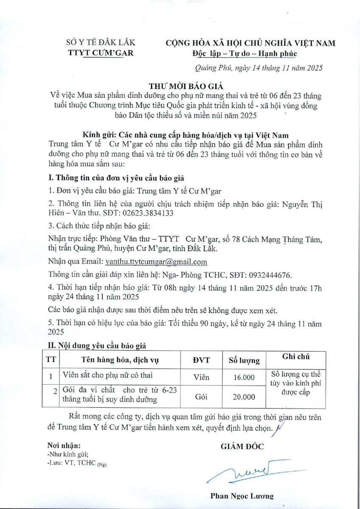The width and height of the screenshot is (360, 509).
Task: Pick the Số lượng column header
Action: pos(244,361)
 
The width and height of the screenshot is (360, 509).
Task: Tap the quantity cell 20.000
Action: pos(244,397)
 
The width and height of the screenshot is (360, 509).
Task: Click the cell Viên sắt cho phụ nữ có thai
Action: pos(105,375)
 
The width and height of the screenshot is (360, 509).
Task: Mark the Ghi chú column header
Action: pos(296,357)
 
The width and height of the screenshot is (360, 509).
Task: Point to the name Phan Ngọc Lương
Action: pos(242,496)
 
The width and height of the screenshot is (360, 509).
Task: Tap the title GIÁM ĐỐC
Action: pos(242,446)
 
